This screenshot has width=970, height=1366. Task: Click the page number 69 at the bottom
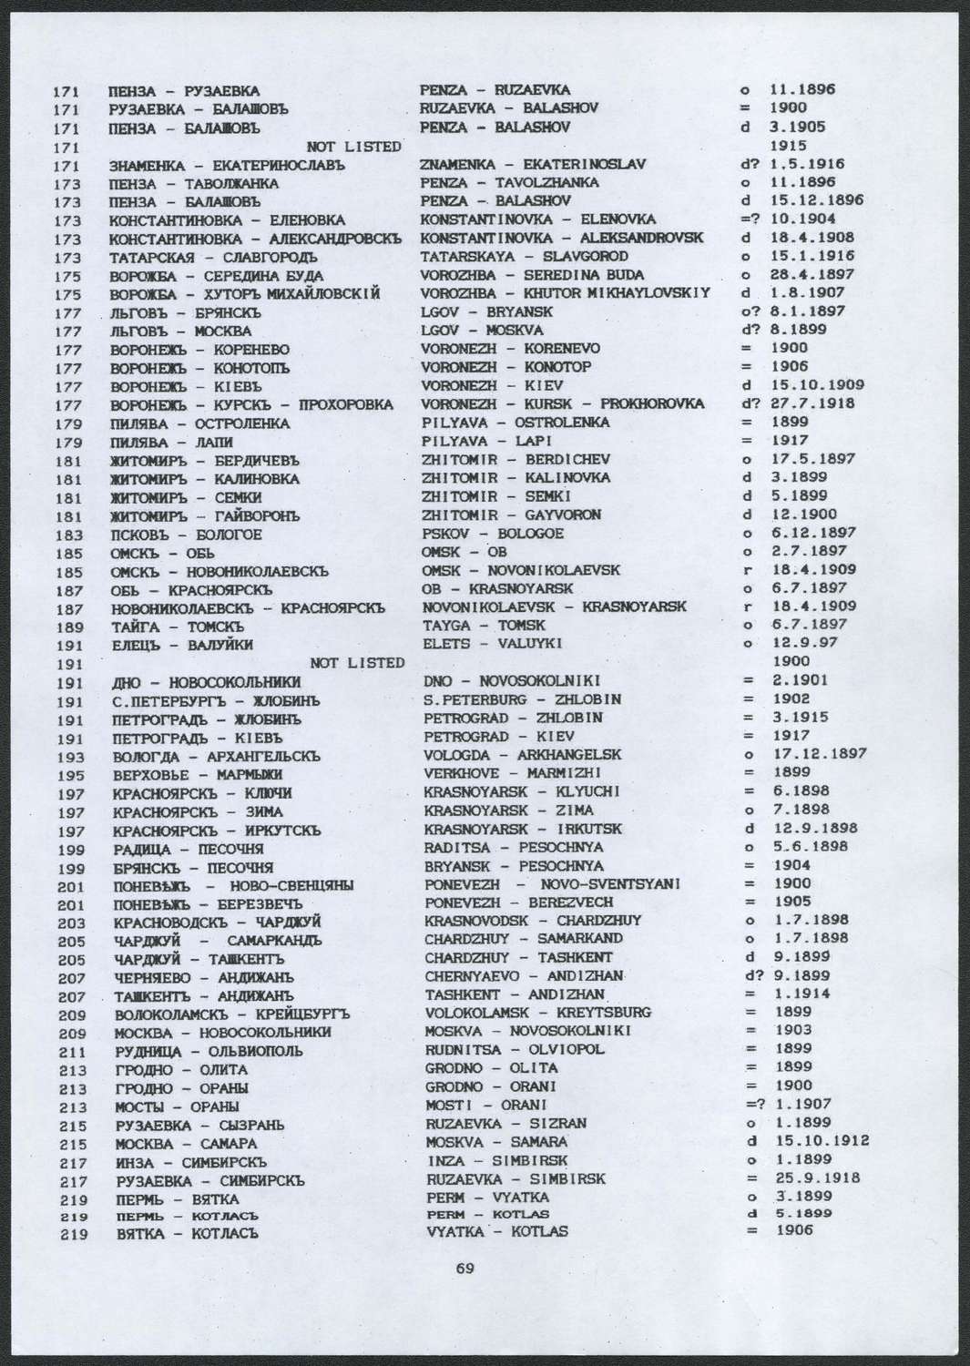pos(465,1268)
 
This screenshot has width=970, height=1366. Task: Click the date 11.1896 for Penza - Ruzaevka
pos(802,90)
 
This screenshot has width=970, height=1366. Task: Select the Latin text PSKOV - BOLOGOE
pos(493,533)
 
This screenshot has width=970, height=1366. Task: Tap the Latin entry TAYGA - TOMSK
pos(485,625)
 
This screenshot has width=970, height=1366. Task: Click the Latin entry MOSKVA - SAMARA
pos(496,1141)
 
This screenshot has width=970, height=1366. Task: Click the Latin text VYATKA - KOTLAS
pos(496,1231)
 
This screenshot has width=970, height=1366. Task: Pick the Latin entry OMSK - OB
pos(465,551)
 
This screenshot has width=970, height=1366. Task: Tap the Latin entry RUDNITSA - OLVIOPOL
pos(515,1048)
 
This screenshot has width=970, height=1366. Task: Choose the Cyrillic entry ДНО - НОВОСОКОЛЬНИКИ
pos(206,681)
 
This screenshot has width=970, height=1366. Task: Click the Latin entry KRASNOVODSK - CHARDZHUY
pos(533,920)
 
